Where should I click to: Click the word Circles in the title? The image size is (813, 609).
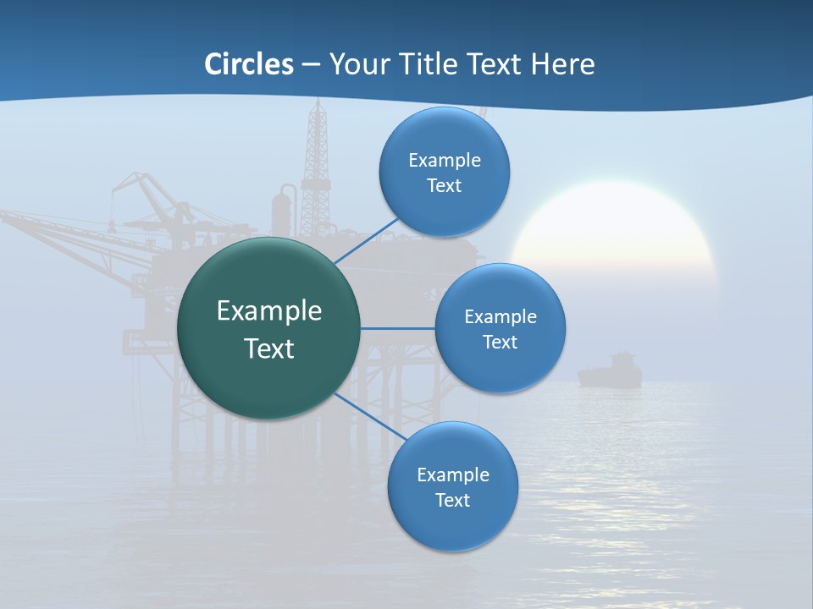(249, 64)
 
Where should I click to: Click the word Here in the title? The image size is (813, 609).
(562, 64)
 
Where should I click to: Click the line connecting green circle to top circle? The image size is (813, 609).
(367, 240)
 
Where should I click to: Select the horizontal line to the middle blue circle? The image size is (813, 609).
(398, 328)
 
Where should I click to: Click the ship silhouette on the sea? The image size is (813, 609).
(610, 371)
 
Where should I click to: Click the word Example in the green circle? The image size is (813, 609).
(269, 311)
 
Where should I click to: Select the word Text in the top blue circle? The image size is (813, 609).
(444, 186)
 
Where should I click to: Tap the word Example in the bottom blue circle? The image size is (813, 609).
(452, 475)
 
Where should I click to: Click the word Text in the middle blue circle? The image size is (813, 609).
(500, 343)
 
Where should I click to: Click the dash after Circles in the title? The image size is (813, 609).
(310, 65)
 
